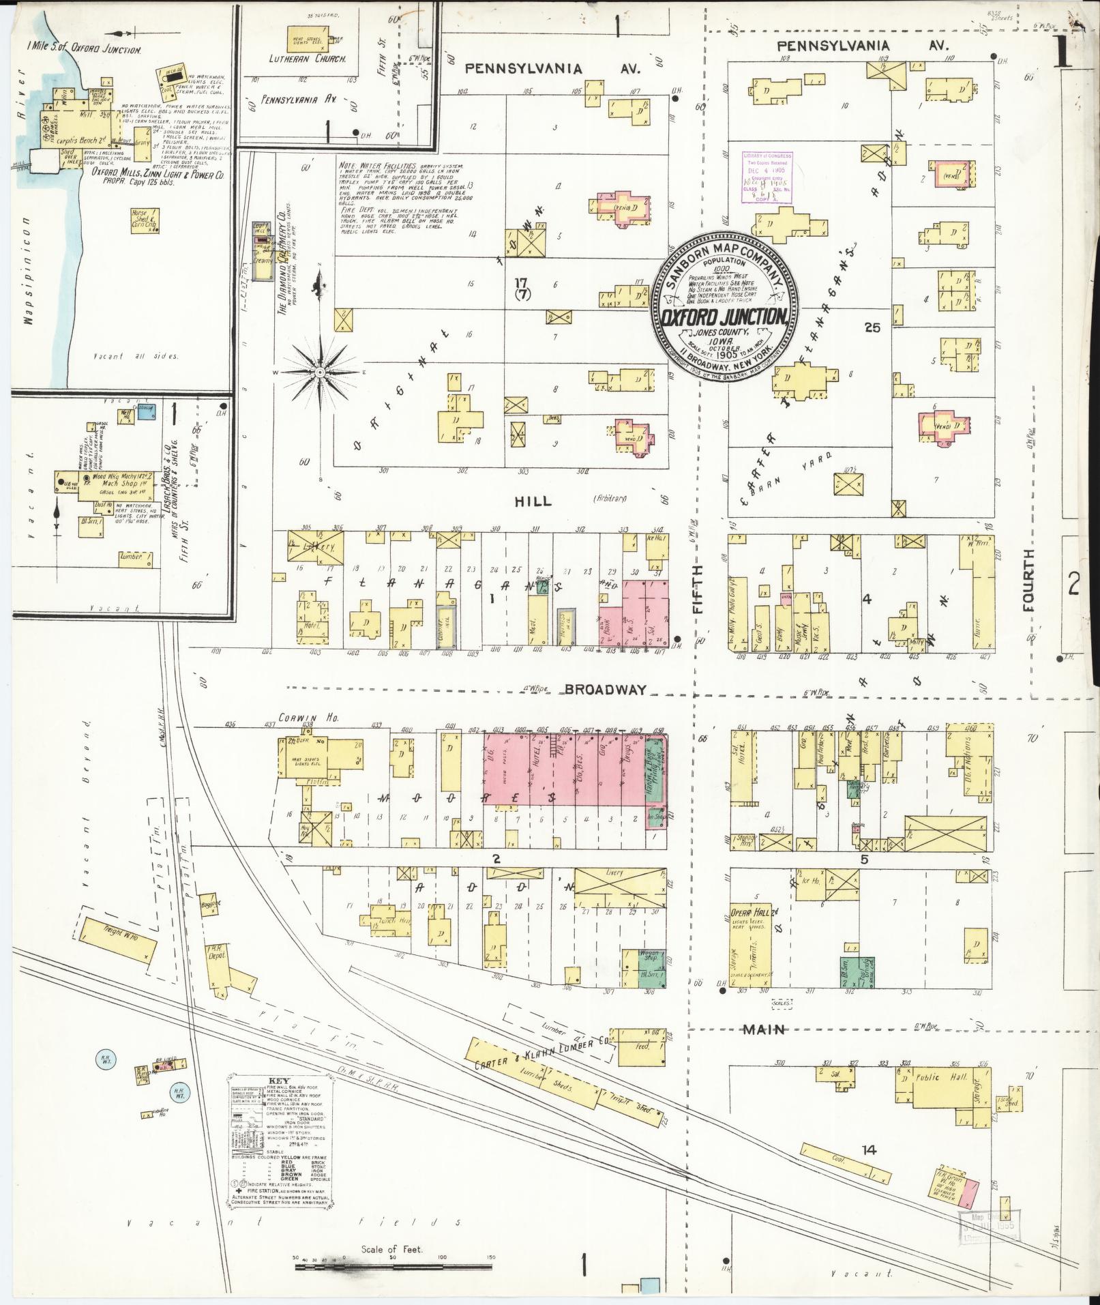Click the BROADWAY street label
(x=605, y=690)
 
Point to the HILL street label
(x=535, y=501)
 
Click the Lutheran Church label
(x=316, y=59)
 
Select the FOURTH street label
(x=1028, y=578)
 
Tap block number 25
(x=872, y=327)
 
